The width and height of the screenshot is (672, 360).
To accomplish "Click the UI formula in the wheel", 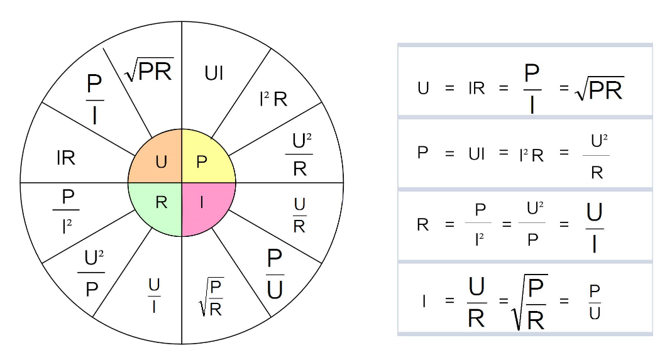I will coord(214,74).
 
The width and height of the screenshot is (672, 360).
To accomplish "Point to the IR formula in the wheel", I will coord(65,158).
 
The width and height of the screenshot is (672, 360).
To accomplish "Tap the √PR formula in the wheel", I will coord(149,70).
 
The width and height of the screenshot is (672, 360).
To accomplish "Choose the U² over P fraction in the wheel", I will coord(91,273).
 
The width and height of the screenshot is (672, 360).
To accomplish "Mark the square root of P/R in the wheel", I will coord(211,297).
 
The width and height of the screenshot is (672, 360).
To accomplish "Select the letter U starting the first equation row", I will coord(423,89).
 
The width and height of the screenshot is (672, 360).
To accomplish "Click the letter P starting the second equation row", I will coord(422,153).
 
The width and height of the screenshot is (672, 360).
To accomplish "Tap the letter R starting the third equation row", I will coord(423,224).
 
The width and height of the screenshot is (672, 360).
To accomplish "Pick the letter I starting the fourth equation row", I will coord(424,301).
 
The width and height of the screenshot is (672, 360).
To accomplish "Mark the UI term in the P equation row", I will coord(477,153).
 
